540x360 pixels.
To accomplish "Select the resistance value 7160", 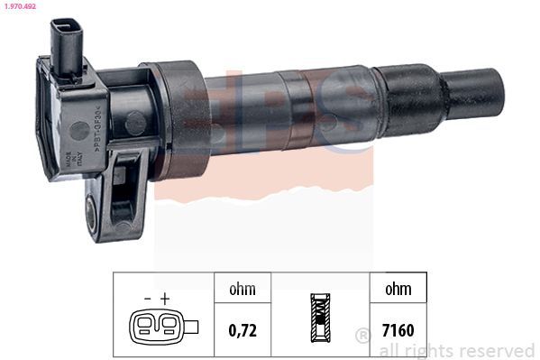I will point(397,329).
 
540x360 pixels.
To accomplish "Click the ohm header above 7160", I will point(397,290).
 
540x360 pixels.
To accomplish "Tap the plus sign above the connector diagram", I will point(165,297).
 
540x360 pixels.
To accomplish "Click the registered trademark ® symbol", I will point(363,336).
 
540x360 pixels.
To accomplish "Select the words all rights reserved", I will point(457,350).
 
